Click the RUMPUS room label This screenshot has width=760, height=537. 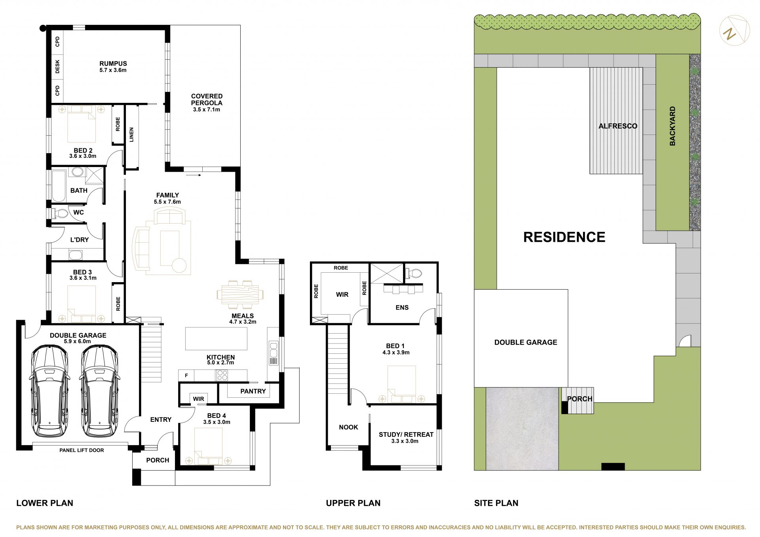click(x=113, y=63)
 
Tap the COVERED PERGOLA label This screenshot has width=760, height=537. click(x=207, y=99)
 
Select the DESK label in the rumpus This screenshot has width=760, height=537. click(x=57, y=66)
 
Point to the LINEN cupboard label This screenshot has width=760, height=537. click(x=131, y=135)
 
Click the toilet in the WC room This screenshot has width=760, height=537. click(x=59, y=213)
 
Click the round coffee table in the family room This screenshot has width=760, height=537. click(x=179, y=265)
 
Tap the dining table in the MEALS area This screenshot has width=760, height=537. click(x=240, y=294)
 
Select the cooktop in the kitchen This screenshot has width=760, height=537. click(x=222, y=375)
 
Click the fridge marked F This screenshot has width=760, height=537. click(x=186, y=375)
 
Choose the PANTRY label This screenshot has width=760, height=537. click(x=253, y=391)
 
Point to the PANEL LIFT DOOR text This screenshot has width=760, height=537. click(x=82, y=450)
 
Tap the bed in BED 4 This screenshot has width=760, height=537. click(x=209, y=446)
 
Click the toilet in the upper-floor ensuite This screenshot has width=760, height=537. click(x=414, y=273)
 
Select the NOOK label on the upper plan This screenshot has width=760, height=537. click(x=348, y=427)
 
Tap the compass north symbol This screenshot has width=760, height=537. click(x=734, y=30)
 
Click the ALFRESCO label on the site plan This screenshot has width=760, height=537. click(x=618, y=126)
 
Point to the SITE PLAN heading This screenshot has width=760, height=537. click(x=496, y=503)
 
